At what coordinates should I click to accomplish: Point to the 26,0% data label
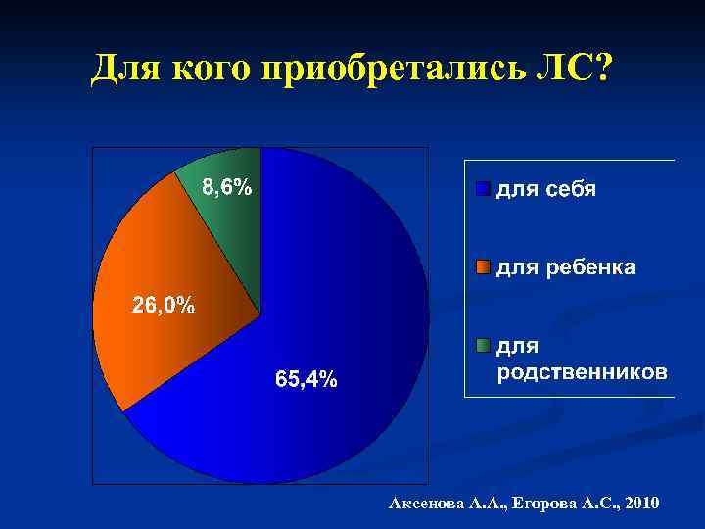pyautogui.click(x=164, y=305)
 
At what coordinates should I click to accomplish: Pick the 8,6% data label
pyautogui.click(x=226, y=187)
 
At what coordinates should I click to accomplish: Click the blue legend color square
pyautogui.click(x=482, y=188)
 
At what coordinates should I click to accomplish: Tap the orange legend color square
pyautogui.click(x=482, y=266)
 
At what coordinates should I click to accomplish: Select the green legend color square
pyautogui.click(x=482, y=345)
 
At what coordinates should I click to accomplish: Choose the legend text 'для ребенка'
pyautogui.click(x=566, y=266)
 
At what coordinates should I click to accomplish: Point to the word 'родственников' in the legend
pyautogui.click(x=583, y=372)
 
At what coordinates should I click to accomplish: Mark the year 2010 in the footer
pyautogui.click(x=640, y=504)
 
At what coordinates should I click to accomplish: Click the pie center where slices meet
pyautogui.click(x=260, y=314)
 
